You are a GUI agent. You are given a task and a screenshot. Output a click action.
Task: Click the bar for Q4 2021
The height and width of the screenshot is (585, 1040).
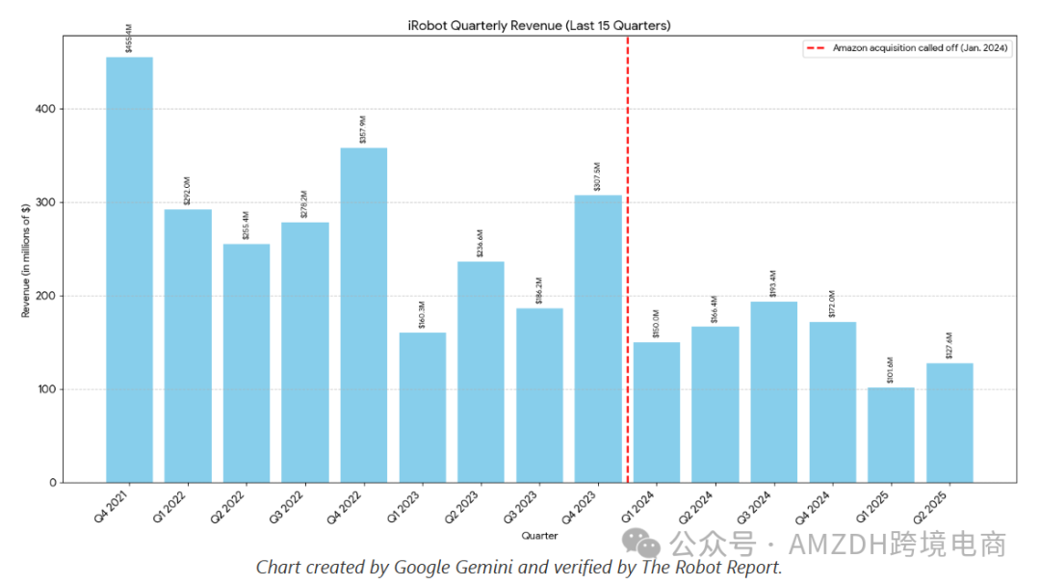[x=129, y=270]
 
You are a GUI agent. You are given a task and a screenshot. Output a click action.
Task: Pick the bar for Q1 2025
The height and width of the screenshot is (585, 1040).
[x=891, y=435]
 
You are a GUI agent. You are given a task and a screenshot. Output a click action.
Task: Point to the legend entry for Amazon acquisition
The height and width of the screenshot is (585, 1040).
[x=921, y=48]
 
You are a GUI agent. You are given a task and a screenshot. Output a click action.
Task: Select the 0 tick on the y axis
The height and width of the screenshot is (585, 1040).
[x=53, y=482]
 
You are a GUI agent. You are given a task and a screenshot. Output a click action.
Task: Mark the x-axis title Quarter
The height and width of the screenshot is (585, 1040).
[x=539, y=535]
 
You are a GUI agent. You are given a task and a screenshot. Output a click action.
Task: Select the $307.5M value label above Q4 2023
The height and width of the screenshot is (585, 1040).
[x=598, y=178]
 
